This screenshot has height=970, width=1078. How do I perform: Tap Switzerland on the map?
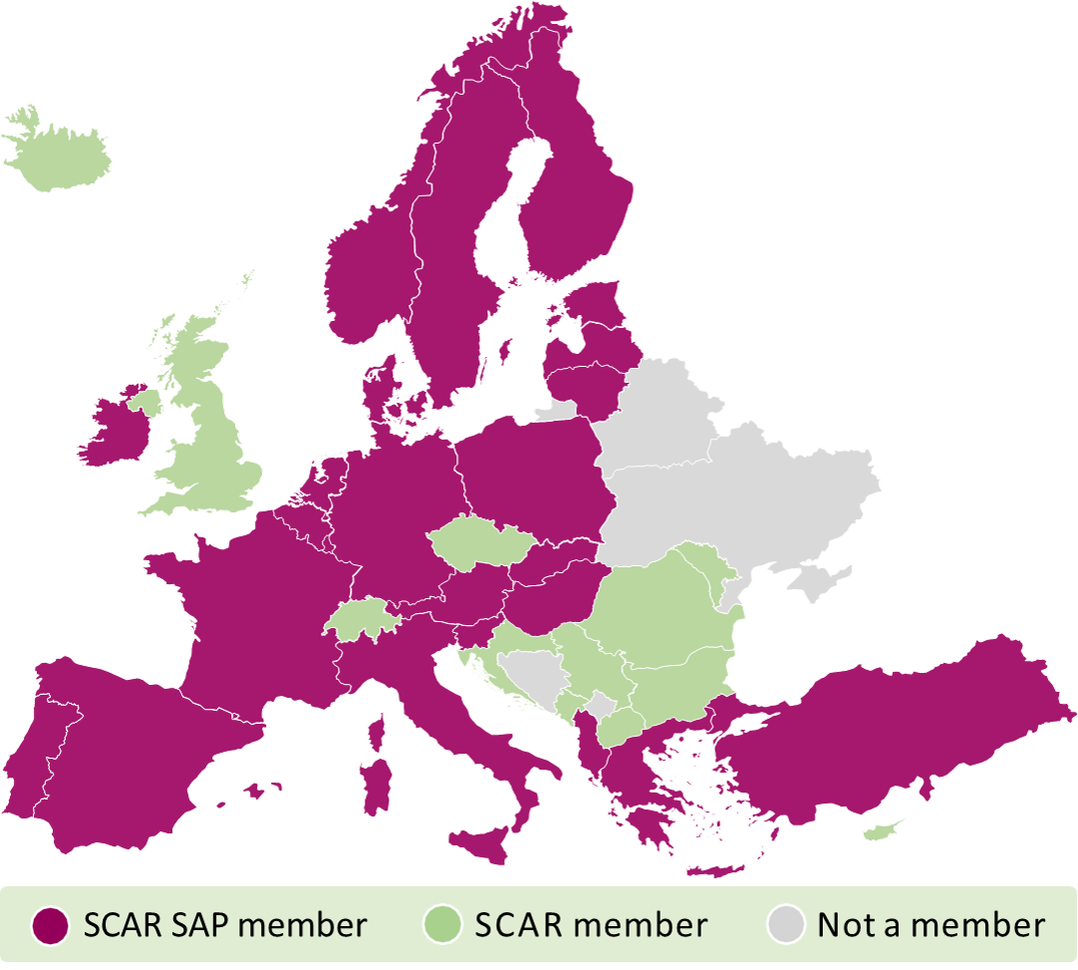tap(361, 619)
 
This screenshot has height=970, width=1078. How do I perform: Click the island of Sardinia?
tap(376, 788)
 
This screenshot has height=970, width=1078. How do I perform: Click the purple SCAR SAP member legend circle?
tap(50, 926)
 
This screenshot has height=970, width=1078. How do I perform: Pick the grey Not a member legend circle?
tap(786, 926)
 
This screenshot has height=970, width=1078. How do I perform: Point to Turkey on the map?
tap(897, 728)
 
